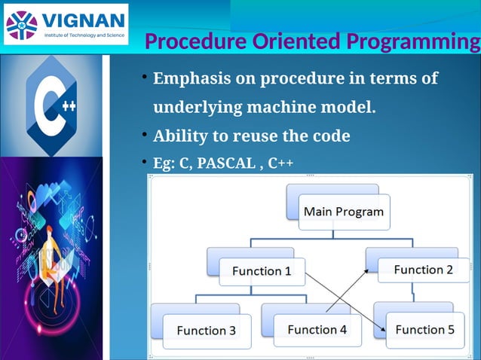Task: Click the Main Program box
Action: (343, 212)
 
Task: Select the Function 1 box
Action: (261, 271)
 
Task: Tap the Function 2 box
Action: (423, 270)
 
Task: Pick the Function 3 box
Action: (206, 330)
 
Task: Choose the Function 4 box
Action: (317, 329)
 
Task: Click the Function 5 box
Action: (424, 329)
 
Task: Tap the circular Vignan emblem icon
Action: (21, 23)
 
